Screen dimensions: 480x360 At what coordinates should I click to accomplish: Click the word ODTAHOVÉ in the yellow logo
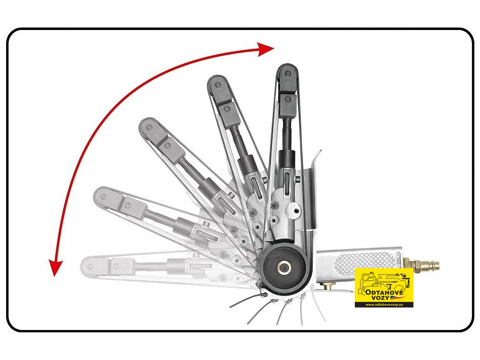pyautogui.click(x=384, y=292)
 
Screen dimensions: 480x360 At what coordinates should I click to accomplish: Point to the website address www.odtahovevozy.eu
pyautogui.click(x=384, y=305)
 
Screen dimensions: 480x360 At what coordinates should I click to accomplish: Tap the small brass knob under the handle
pyautogui.click(x=328, y=285)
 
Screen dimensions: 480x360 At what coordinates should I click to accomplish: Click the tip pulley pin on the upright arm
pyautogui.click(x=288, y=74)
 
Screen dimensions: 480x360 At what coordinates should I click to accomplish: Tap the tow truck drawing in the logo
pyautogui.click(x=384, y=283)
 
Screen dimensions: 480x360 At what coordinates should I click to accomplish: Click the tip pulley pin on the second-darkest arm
pyautogui.click(x=217, y=85)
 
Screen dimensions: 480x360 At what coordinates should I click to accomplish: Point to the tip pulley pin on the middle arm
pyautogui.click(x=150, y=127)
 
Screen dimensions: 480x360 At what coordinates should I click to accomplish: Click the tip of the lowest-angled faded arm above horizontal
pyautogui.click(x=98, y=195)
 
